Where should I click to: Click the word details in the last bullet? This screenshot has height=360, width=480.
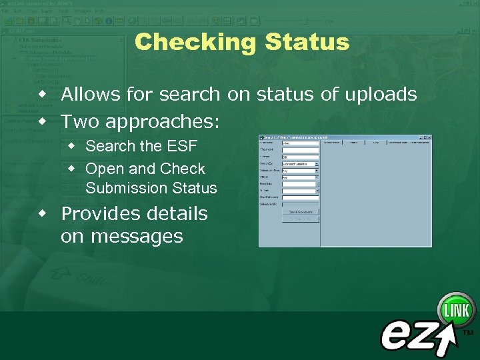pyautogui.click(x=175, y=214)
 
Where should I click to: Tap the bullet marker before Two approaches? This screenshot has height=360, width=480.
pyautogui.click(x=43, y=122)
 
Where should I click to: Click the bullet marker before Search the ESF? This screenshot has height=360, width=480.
pyautogui.click(x=72, y=145)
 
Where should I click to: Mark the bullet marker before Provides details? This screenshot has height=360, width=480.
pyautogui.click(x=43, y=213)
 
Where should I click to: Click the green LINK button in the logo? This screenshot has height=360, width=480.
pyautogui.click(x=456, y=311)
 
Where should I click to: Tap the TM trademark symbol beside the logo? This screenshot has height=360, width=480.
pyautogui.click(x=468, y=332)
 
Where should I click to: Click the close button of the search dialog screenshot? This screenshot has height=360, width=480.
pyautogui.click(x=429, y=137)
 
